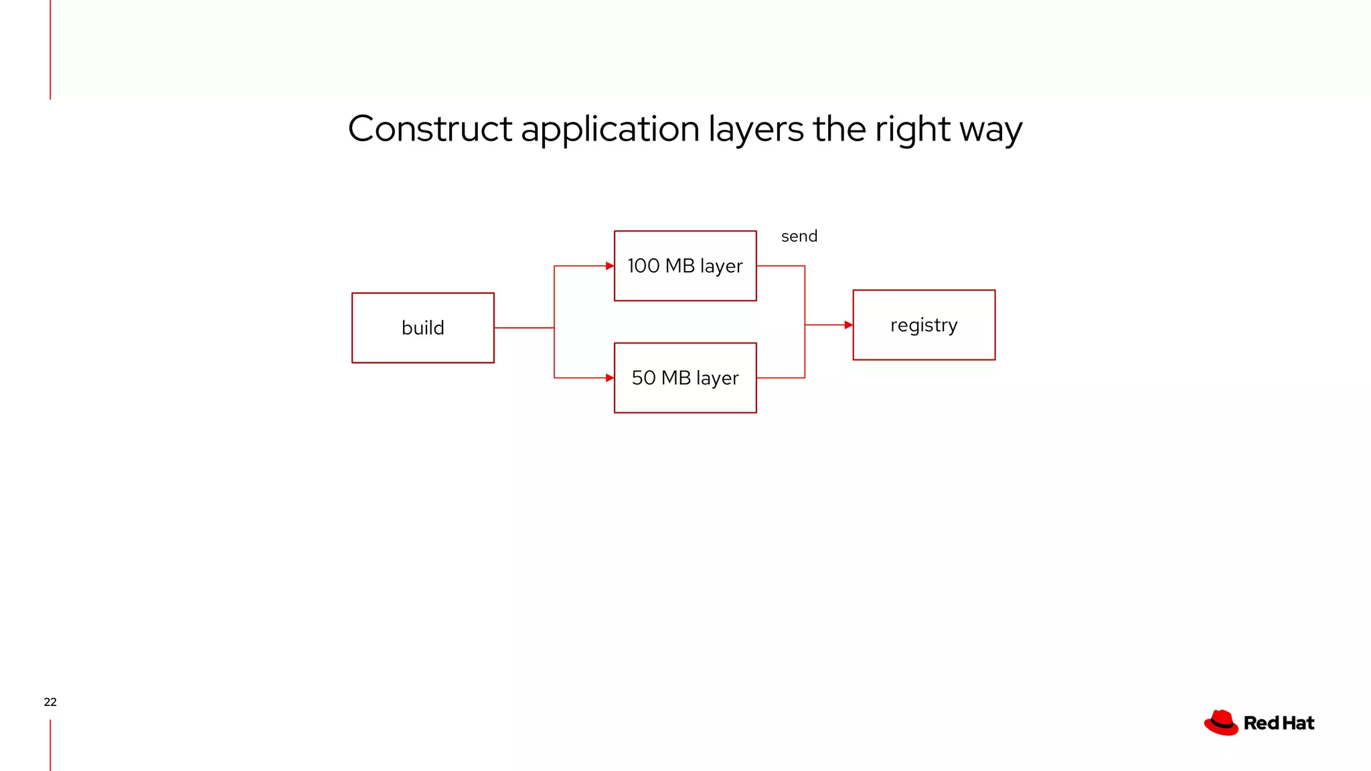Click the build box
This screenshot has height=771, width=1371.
[422, 328]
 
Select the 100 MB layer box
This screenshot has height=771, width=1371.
[685, 266]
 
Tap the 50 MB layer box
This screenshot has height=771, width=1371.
[685, 377]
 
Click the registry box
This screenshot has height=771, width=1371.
[924, 325]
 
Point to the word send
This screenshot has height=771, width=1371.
[799, 236]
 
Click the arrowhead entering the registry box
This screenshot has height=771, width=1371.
[848, 325]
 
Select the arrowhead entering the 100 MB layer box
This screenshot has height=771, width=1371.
[609, 266]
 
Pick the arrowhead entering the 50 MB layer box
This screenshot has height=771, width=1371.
[609, 377]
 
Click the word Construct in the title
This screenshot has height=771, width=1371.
[430, 128]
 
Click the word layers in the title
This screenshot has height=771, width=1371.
[756, 130]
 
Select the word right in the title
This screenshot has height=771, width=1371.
[912, 130]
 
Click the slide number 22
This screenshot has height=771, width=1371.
[50, 702]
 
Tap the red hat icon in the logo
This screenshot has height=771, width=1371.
[1221, 723]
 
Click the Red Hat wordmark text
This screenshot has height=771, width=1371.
[1279, 723]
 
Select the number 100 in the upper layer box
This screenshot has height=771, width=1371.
[643, 266]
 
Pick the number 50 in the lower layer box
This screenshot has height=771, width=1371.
[643, 377]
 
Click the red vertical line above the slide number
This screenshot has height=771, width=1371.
[50, 50]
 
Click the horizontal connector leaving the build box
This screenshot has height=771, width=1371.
[523, 328]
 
